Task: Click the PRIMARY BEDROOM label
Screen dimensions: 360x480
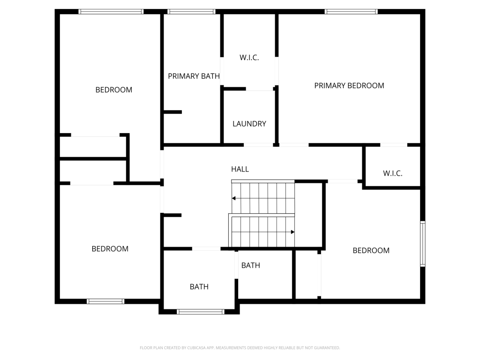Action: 349,85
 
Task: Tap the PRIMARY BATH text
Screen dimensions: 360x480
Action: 194,76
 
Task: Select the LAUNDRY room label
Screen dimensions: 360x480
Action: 249,124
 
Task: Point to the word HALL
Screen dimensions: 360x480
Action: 240,169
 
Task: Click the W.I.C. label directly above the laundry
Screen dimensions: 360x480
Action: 249,58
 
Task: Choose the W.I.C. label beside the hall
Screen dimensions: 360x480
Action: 393,173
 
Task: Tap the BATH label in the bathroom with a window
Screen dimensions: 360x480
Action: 199,286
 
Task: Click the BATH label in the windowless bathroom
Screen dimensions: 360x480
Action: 251,265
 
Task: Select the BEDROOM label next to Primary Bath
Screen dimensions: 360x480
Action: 114,90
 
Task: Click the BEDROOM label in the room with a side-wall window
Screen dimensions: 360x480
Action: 371,250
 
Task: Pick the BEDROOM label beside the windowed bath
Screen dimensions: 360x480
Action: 110,248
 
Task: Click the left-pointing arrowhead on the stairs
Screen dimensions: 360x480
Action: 234,198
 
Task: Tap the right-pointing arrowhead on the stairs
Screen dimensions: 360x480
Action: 292,232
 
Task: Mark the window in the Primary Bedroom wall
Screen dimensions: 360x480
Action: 351,12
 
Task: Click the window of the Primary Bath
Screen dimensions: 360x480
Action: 191,12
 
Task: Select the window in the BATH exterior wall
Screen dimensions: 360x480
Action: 201,311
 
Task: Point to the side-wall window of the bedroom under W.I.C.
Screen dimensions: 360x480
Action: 422,244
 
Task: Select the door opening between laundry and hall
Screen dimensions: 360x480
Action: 258,145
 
